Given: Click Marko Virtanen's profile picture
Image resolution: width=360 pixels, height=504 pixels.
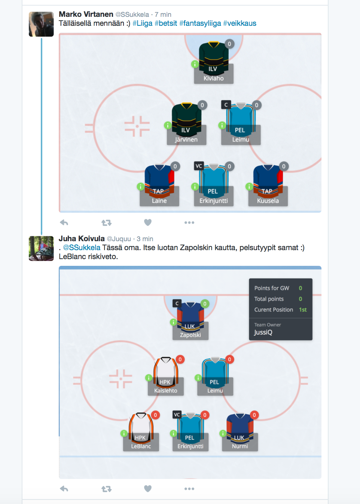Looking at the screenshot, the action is click(x=41, y=24).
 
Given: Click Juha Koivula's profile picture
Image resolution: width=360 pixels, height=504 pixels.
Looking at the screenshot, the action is click(x=41, y=248).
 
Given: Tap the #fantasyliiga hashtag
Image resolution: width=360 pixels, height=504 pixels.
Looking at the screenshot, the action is click(x=200, y=24).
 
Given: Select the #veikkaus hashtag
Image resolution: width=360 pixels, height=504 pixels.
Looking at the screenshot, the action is click(x=240, y=24).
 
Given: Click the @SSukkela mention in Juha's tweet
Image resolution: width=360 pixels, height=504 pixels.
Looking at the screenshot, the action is click(x=82, y=248).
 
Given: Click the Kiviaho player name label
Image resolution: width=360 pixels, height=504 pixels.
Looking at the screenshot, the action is click(x=213, y=78).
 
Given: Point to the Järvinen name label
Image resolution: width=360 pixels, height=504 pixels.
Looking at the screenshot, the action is click(x=186, y=139).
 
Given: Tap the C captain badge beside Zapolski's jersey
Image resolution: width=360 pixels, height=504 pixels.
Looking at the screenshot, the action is click(x=177, y=303).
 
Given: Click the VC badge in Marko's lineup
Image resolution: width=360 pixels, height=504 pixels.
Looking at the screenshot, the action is click(x=199, y=166).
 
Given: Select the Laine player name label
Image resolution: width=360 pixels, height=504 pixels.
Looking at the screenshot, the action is click(x=159, y=201).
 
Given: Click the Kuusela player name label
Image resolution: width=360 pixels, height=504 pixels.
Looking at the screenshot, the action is click(x=268, y=201).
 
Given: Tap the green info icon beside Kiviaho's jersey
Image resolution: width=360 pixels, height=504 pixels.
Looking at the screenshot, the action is click(x=195, y=64).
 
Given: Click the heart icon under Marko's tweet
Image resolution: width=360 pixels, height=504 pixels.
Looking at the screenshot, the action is click(x=148, y=222).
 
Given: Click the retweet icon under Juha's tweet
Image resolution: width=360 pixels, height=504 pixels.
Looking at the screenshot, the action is click(x=106, y=488).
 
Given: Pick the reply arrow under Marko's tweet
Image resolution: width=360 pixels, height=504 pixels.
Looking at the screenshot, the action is click(x=64, y=222).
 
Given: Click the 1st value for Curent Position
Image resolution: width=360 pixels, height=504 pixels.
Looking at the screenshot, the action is click(x=303, y=310).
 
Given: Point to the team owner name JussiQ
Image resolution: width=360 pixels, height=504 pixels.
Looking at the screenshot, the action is click(x=263, y=332).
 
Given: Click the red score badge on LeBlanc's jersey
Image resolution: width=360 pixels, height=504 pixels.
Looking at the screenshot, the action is click(x=155, y=415).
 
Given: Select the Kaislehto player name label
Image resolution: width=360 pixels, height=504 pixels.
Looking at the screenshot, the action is click(x=166, y=391).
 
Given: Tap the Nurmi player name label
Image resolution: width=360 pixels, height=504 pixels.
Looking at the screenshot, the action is click(x=240, y=446).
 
